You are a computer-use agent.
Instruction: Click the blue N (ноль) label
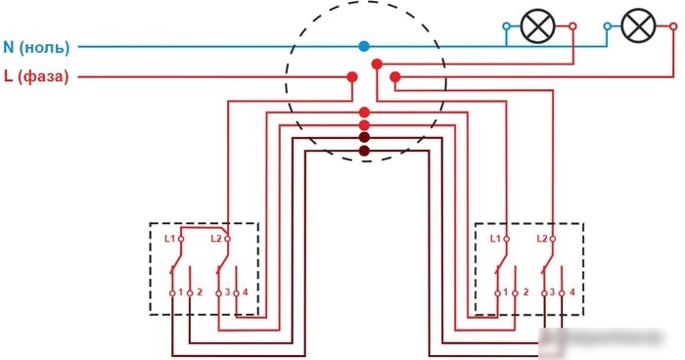pos(36,47)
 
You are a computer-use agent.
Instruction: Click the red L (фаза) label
pos(36,76)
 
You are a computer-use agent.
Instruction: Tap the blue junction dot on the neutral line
pos(363,46)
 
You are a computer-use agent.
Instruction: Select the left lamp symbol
pos(538,26)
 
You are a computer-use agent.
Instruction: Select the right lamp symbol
pos(638,26)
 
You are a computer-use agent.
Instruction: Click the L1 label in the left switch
pos(169,239)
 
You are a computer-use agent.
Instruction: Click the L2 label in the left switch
pos(216,239)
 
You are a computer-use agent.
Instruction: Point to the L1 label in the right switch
pos(495,239)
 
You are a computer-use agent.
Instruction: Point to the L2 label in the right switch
pos(542,239)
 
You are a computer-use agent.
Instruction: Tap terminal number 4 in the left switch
pos(245,292)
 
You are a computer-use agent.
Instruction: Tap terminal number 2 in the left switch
pos(200,292)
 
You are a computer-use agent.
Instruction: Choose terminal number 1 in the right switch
pos(506,292)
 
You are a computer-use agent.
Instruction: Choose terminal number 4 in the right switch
pos(571,292)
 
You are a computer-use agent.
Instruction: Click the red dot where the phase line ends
pos(352,77)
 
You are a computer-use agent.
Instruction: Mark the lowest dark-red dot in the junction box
pos(364,152)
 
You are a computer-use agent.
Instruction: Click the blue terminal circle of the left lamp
pos(506,26)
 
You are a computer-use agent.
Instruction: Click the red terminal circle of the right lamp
pos(673,26)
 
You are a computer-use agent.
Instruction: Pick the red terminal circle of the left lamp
pos(572,26)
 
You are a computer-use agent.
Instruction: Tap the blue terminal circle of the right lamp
pos(607,26)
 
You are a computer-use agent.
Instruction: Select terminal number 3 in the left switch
pos(227,292)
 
